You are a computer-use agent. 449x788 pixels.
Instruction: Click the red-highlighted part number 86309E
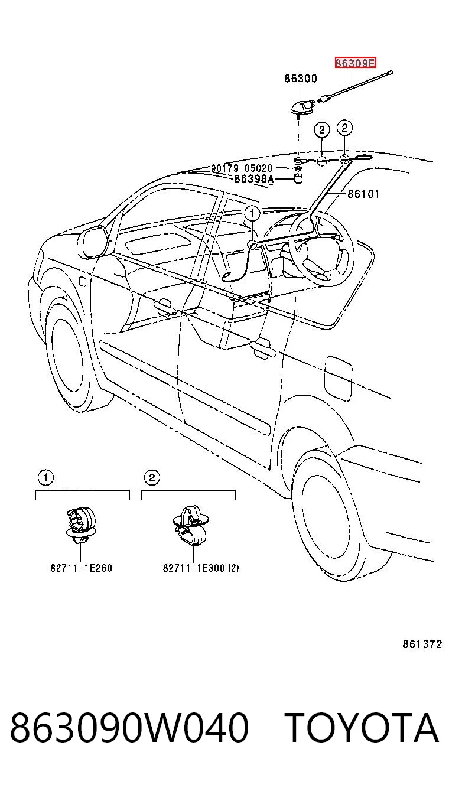(x=355, y=63)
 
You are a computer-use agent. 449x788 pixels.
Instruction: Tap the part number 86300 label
(x=301, y=78)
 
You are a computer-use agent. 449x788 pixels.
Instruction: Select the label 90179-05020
(x=242, y=168)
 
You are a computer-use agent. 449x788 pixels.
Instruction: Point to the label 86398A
(x=253, y=179)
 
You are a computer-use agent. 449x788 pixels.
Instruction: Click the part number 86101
(x=363, y=194)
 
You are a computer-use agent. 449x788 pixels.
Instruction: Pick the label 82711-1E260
(x=81, y=568)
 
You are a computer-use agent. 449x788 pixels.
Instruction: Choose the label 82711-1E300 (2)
(x=200, y=568)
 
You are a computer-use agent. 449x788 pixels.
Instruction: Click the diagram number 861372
(x=422, y=644)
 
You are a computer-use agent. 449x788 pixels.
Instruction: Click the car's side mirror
(x=92, y=242)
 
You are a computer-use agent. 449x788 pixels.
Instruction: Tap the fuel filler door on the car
(x=337, y=377)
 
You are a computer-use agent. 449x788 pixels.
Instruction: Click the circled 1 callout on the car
(x=252, y=213)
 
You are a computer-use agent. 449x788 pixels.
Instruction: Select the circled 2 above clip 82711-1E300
(x=152, y=477)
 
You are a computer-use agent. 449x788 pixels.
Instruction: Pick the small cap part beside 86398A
(x=298, y=179)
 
